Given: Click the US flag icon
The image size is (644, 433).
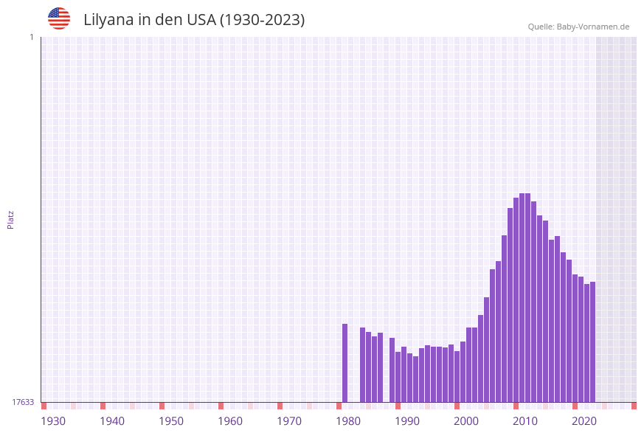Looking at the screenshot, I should pos(59,18).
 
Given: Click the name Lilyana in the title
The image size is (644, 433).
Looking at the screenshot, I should pos(110,20).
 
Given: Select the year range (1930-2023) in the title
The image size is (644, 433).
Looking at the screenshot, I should pos(263,20).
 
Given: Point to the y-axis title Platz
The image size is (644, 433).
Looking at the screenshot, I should pos(11,219).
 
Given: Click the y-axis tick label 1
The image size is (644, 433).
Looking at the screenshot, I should pos(31,37).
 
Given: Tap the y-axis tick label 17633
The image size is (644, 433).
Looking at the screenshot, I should pos(23,402).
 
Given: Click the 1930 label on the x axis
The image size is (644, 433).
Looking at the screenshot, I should pos(53,421).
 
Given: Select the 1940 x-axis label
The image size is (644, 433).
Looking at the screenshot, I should pos(112,421).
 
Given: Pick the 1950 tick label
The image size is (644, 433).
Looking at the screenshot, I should pos(171,421).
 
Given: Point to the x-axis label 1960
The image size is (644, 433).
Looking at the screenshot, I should pos(230,421).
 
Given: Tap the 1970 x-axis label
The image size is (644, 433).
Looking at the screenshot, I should pos(289,421).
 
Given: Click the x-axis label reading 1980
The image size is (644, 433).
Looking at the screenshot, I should pos(348,421).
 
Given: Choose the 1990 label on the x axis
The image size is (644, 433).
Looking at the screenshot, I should pos(407,421).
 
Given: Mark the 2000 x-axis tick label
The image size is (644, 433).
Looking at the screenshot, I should pos(466,421).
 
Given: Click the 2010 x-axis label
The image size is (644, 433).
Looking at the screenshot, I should pos(525,421).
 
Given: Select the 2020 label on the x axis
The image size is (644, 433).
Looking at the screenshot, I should pos(584,421).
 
